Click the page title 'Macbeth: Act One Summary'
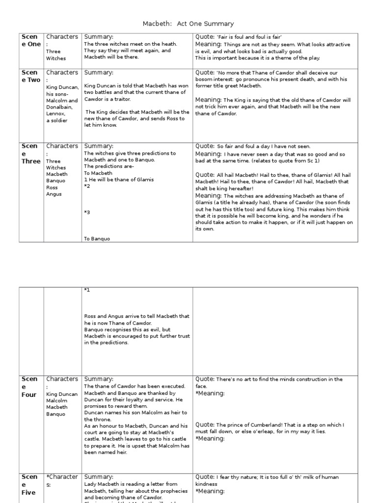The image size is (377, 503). click(x=188, y=24)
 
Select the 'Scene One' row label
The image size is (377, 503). click(x=31, y=40)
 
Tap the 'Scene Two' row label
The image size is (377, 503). click(x=31, y=76)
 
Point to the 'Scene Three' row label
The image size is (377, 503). click(x=31, y=153)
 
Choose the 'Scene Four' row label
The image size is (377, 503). click(x=29, y=387)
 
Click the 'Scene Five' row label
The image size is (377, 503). click(x=29, y=484)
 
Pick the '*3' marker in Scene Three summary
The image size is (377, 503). click(x=87, y=213)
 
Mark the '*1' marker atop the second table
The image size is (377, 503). click(x=87, y=290)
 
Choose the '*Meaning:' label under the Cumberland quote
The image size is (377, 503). click(x=210, y=439)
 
